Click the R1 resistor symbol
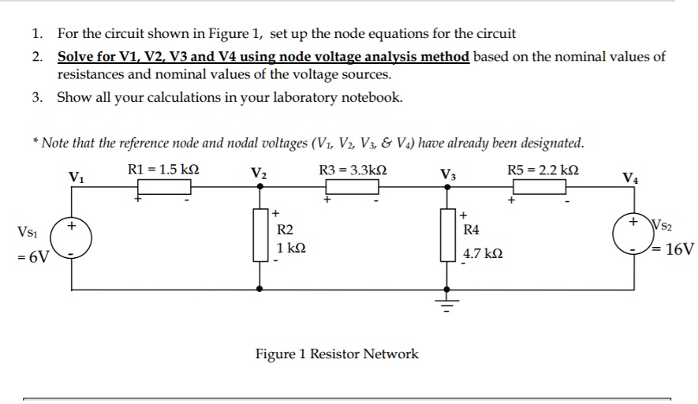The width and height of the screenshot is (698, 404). click(166, 187)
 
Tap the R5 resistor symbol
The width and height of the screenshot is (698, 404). click(540, 187)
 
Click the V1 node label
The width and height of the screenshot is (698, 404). click(76, 177)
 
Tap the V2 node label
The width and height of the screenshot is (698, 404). click(258, 174)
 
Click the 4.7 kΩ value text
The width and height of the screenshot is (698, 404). click(482, 256)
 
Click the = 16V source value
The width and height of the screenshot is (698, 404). click(677, 250)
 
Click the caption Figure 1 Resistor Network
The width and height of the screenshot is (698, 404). click(337, 354)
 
